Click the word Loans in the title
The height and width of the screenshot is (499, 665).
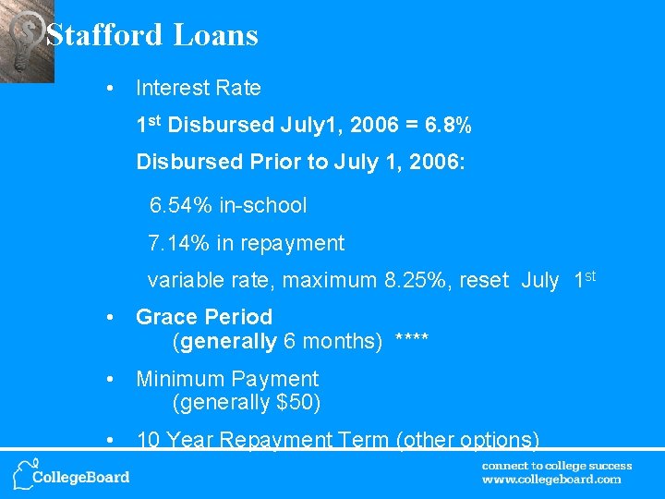pyautogui.click(x=215, y=35)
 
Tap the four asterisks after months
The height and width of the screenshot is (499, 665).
pyautogui.click(x=411, y=342)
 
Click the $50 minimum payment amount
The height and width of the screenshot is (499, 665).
pyautogui.click(x=295, y=403)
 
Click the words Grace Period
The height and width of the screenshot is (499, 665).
pyautogui.click(x=204, y=318)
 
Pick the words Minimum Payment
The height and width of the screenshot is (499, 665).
pyautogui.click(x=227, y=379)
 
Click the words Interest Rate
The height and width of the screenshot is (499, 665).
pyautogui.click(x=199, y=89)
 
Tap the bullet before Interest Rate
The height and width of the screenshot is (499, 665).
pyautogui.click(x=110, y=89)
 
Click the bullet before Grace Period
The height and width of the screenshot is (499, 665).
pyautogui.click(x=110, y=318)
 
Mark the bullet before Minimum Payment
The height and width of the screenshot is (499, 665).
pyautogui.click(x=110, y=379)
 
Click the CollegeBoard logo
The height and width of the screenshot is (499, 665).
pyautogui.click(x=71, y=474)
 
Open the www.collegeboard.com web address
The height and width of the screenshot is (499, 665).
pyautogui.click(x=551, y=480)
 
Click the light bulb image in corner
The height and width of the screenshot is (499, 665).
pyautogui.click(x=26, y=41)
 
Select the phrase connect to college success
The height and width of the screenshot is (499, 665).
pyautogui.click(x=557, y=466)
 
